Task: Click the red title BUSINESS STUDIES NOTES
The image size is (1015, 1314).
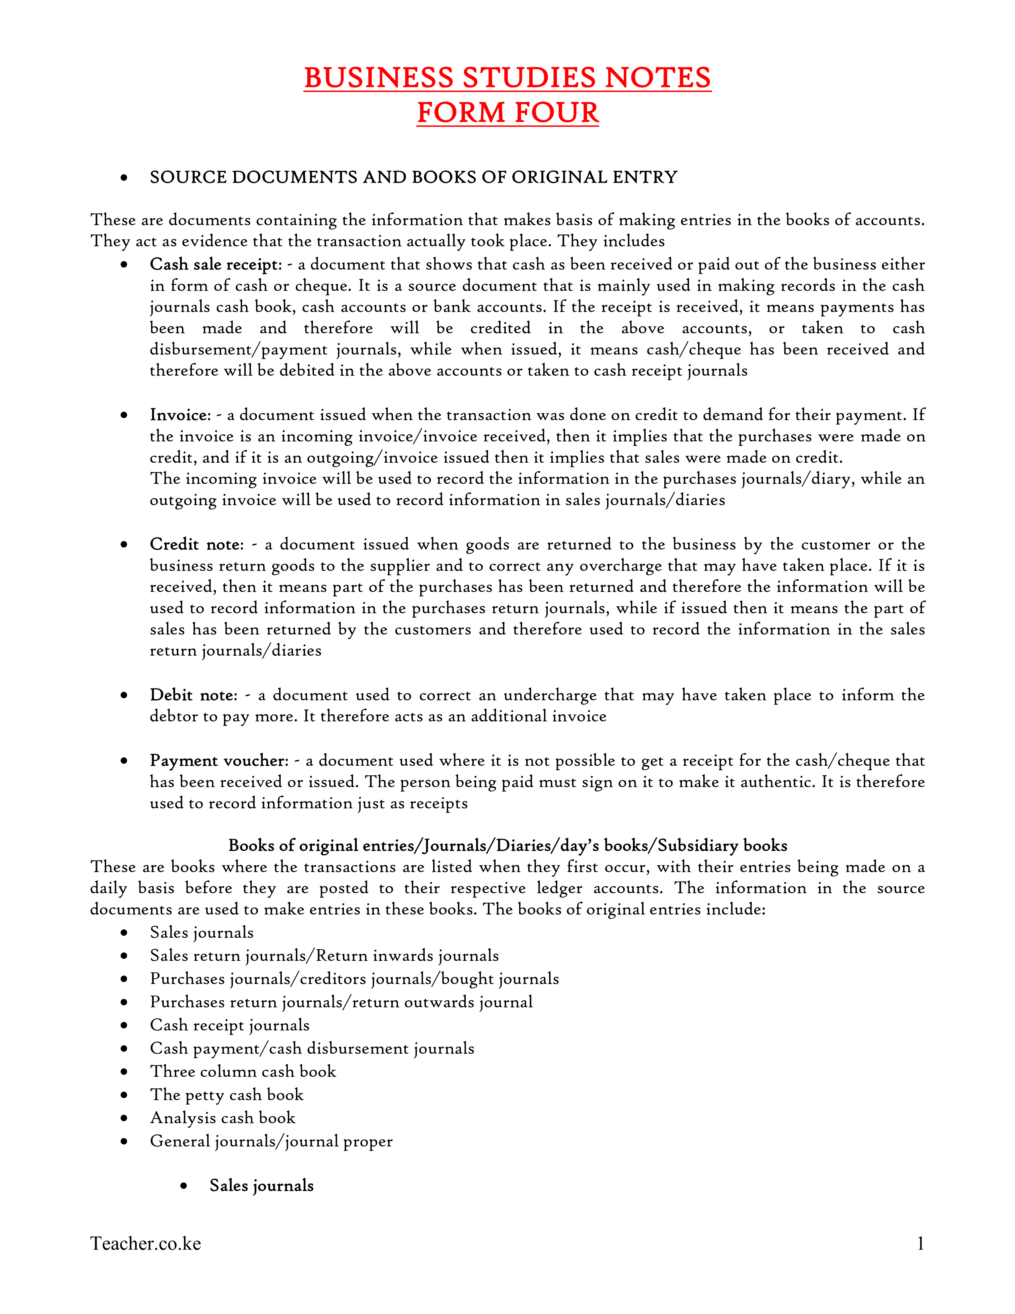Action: pos(507,78)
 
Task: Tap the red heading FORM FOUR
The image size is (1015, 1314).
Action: pos(507,113)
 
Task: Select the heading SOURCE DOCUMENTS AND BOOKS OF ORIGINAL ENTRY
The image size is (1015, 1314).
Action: pos(413,178)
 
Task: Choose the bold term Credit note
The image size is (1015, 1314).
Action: pos(196,544)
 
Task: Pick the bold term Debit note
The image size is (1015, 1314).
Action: pos(193,696)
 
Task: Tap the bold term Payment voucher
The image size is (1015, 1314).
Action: pos(219,761)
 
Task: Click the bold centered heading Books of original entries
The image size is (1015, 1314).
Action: pos(507,846)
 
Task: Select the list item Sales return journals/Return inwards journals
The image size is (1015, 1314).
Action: pos(324,956)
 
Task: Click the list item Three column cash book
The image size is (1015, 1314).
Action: pos(243,1072)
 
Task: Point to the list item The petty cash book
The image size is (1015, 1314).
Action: pos(227,1095)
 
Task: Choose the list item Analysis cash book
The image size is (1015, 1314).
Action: pos(223,1118)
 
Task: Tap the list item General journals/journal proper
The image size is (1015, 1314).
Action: pos(271,1141)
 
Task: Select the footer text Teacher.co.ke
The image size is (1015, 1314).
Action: pos(146,1244)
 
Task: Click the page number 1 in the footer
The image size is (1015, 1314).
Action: pos(920,1244)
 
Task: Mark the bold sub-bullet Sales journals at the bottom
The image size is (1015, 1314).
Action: pos(262,1186)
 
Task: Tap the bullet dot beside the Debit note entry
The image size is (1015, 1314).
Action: pos(124,696)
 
